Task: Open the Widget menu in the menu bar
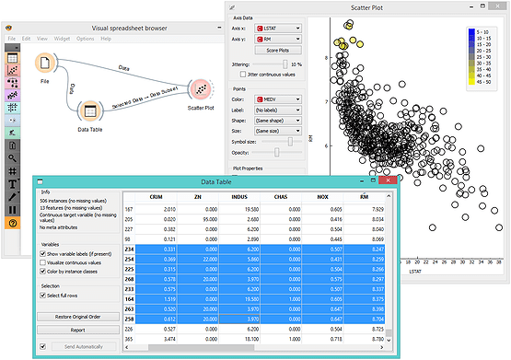61,39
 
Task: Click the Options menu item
85,39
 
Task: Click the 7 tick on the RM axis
325,102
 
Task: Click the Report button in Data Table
78,329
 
